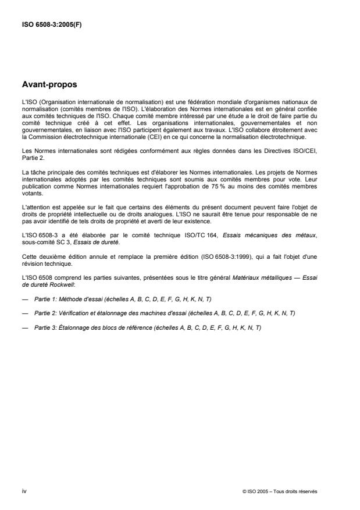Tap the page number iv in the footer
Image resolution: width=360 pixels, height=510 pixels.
(x=24, y=491)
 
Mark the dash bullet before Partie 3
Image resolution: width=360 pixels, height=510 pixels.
(x=25, y=327)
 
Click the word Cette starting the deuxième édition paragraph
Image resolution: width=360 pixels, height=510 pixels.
(x=28, y=256)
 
